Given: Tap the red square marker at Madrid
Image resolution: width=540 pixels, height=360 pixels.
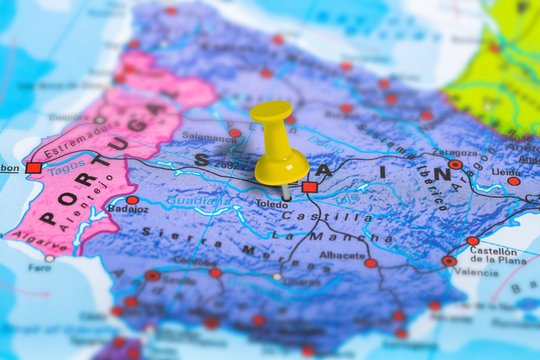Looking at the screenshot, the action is coord(309,187).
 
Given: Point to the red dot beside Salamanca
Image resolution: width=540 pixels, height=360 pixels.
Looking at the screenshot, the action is coord(234,132).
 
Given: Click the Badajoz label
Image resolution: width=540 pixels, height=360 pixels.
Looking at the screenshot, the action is coord(129,210).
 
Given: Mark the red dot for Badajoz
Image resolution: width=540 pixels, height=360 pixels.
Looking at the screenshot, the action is coord(132,200).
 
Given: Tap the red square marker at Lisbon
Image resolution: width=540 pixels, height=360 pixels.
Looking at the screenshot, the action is coord(34,168).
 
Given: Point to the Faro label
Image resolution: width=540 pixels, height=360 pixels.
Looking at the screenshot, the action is coord(39,268).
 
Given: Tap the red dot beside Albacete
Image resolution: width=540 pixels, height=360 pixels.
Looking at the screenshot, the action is coord(370,263).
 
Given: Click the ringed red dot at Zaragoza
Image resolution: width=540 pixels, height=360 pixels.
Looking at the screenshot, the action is coord(455,164).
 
